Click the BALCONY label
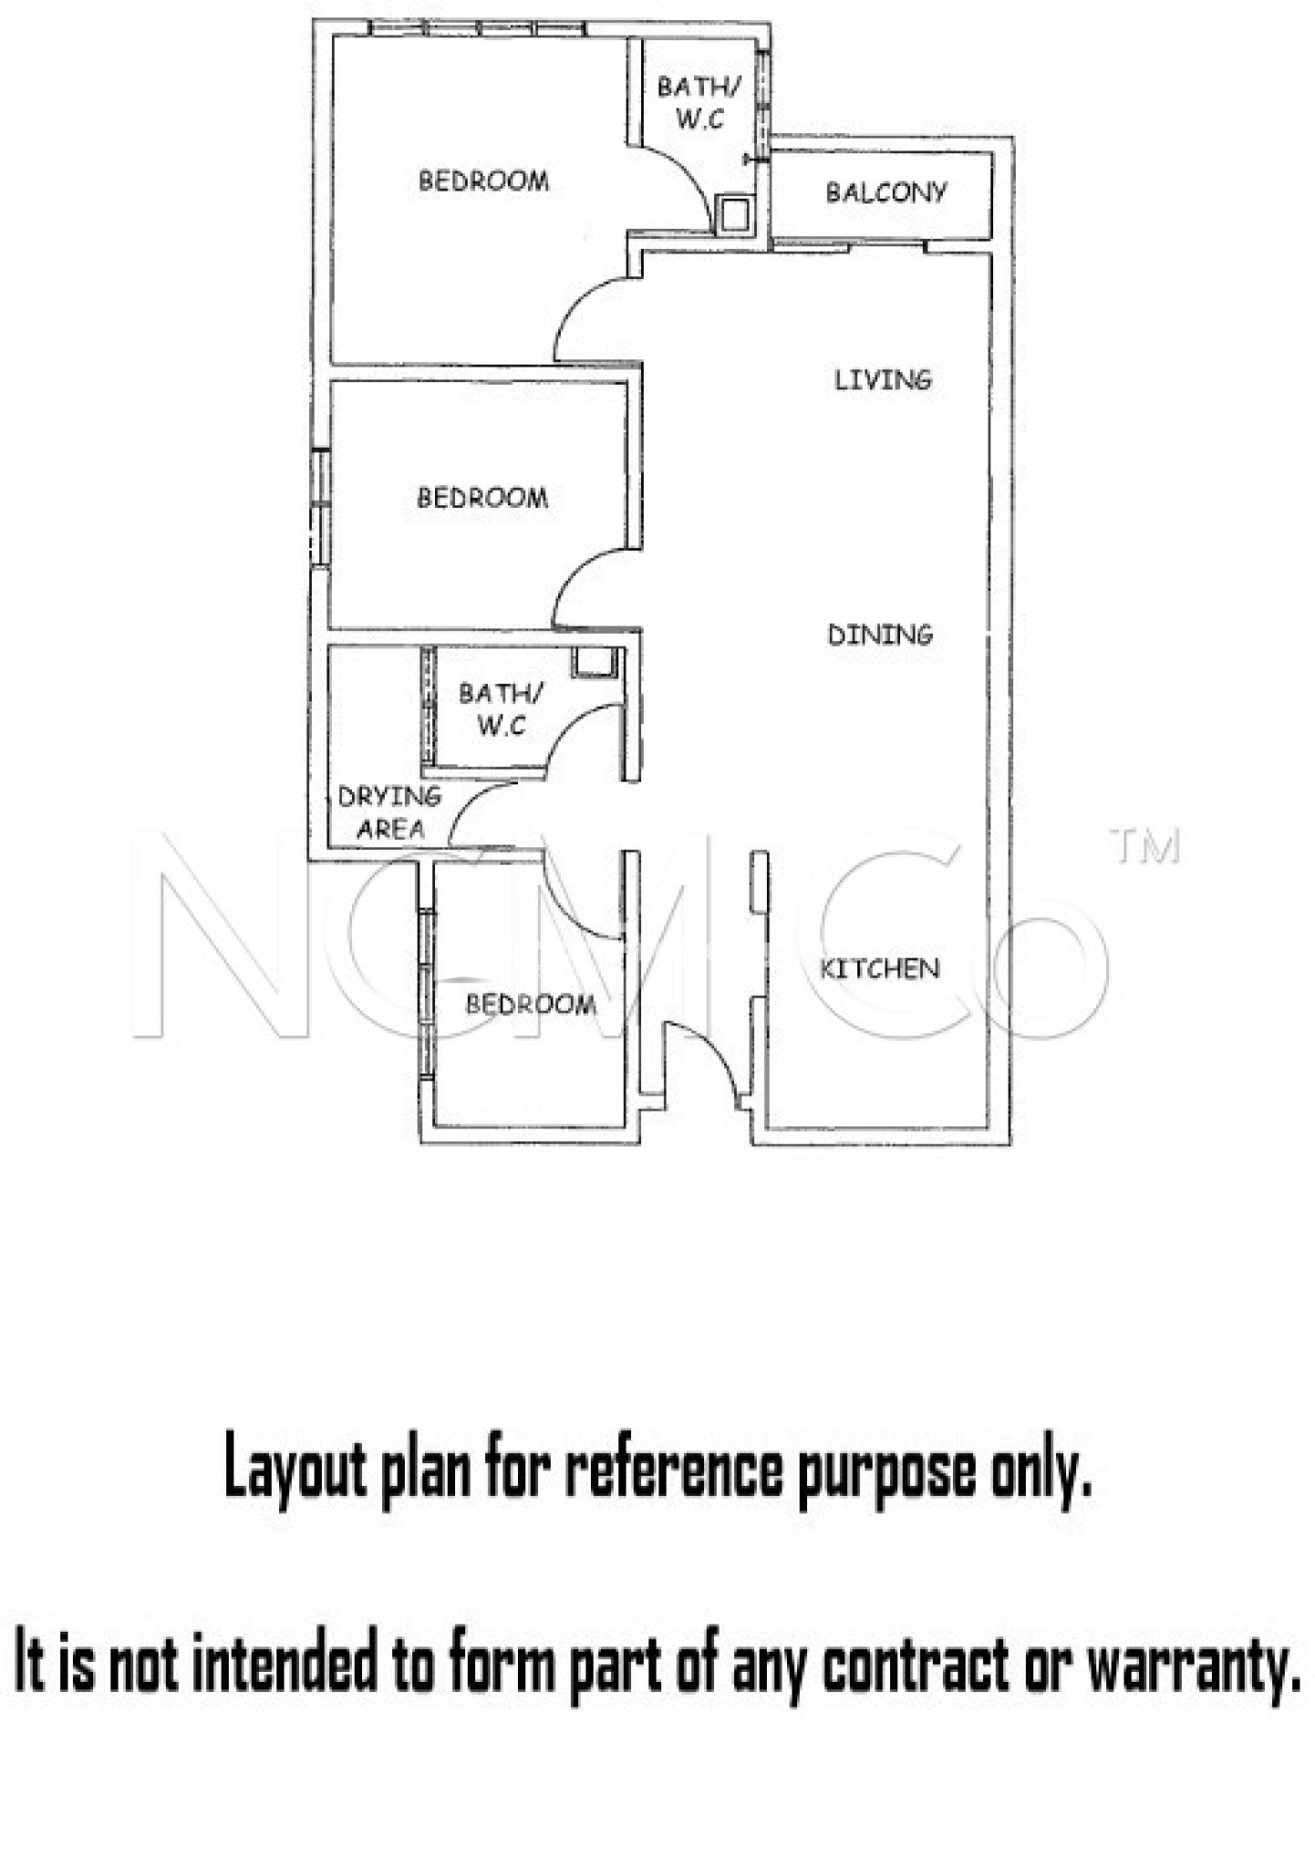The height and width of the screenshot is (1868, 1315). (885, 192)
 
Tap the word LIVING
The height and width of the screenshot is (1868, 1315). (883, 379)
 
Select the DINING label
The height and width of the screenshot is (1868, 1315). (880, 634)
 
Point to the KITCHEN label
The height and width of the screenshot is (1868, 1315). (879, 968)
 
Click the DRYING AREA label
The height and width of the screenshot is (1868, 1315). (389, 813)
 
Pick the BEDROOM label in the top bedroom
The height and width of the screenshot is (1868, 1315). (483, 181)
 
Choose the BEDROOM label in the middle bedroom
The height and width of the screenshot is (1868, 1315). (482, 498)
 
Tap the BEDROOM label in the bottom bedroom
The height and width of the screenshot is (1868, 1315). (531, 1004)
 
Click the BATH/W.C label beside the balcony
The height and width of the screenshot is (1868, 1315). (699, 102)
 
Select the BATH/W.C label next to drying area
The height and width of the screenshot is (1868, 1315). (501, 710)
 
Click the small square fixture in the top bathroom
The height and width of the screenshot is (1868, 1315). (733, 215)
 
